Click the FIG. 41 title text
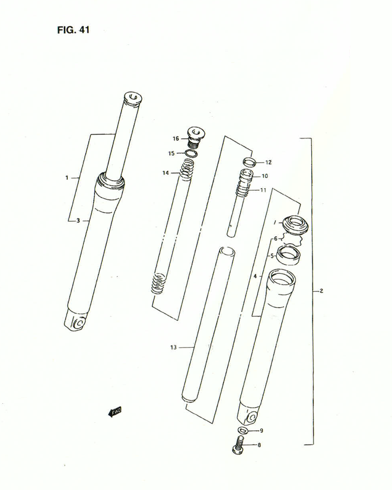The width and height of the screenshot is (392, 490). pos(73,29)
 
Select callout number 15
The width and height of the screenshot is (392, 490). pos(171,153)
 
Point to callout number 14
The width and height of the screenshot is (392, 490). pos(167,173)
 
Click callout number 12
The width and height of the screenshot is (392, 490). pos(268,162)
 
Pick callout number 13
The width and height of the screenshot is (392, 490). pos(173,347)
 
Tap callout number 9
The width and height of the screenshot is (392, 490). pos(261,431)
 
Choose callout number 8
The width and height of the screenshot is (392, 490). pos(259,445)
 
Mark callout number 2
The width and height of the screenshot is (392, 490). pos(321,292)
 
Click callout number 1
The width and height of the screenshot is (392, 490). pos(67,178)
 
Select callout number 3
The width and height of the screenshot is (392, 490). pos(78,221)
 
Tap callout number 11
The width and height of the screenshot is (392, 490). pos(264,190)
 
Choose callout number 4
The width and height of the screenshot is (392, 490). pos(255,276)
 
